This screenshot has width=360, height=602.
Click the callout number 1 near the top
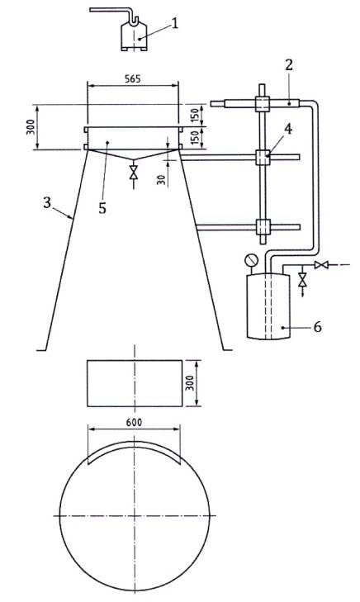click(175, 23)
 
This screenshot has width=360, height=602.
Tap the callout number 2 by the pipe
click(289, 65)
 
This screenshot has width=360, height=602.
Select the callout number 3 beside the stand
click(47, 202)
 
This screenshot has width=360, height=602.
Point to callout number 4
click(288, 130)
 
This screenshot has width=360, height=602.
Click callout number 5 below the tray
click(102, 208)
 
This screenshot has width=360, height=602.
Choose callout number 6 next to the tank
click(317, 327)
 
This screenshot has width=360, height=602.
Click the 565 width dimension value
click(133, 78)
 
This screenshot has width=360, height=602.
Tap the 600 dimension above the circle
click(134, 422)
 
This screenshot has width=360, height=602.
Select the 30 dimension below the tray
click(162, 180)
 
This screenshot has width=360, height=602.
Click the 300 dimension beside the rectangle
click(190, 383)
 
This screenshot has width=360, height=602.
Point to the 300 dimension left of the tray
click(31, 126)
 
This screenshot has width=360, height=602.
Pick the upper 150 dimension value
click(195, 115)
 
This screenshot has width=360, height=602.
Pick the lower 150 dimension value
click(195, 138)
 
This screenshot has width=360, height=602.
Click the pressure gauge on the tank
click(251, 260)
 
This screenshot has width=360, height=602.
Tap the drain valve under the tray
click(134, 172)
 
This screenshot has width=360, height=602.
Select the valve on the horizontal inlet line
click(321, 264)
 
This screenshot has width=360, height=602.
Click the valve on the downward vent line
click(303, 279)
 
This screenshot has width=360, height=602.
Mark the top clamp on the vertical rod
click(263, 104)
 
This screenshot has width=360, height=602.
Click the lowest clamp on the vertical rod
click(263, 227)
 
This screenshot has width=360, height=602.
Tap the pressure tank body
click(268, 306)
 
